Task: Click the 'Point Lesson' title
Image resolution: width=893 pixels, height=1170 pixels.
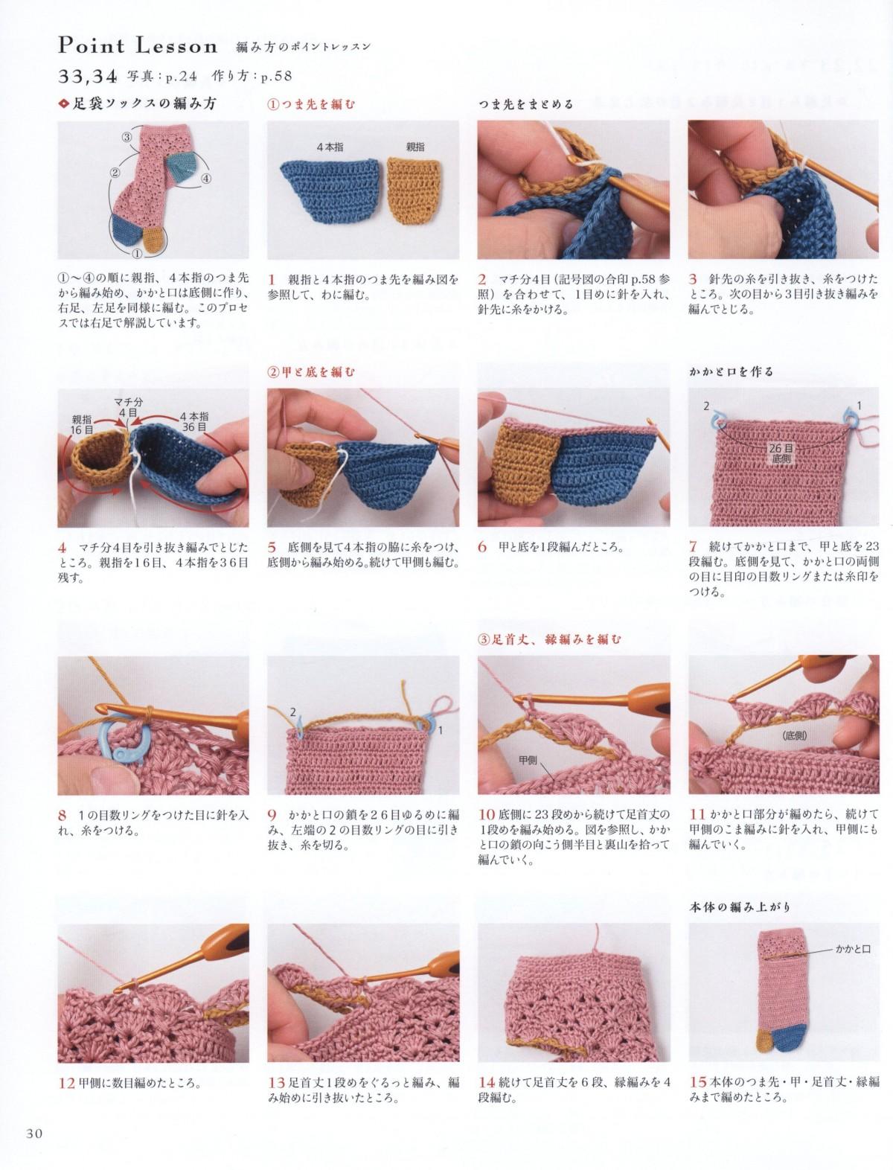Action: click(138, 46)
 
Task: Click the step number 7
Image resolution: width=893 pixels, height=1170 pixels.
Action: click(694, 546)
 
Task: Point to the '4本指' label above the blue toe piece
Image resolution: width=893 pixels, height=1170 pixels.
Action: click(330, 147)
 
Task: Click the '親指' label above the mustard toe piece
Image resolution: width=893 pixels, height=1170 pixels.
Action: click(415, 147)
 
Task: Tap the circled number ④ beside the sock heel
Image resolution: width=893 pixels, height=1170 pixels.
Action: click(205, 179)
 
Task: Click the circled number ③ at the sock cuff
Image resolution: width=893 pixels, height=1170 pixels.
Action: click(127, 137)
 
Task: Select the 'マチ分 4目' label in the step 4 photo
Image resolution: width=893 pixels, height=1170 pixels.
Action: click(128, 406)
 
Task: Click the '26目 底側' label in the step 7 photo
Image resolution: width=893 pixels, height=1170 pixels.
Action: click(781, 453)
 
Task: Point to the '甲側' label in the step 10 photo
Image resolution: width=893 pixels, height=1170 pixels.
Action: click(528, 761)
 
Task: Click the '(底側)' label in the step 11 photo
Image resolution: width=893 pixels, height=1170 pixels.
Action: click(795, 735)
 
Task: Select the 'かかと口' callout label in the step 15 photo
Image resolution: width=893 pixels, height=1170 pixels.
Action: click(853, 949)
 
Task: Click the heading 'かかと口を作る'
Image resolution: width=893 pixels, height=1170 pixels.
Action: click(731, 371)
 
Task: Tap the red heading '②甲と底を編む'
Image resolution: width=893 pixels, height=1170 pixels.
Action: click(311, 371)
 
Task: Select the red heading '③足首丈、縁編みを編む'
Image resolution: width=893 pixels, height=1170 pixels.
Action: click(549, 639)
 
